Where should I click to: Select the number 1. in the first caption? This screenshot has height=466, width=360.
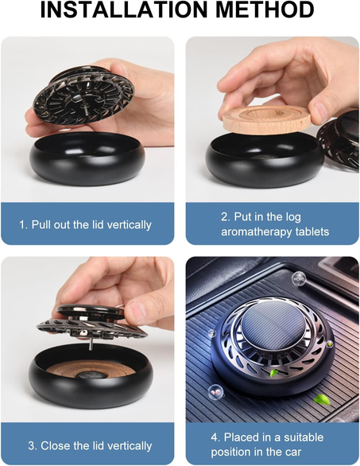(24, 225)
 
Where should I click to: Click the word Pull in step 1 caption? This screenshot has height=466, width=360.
(43, 225)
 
